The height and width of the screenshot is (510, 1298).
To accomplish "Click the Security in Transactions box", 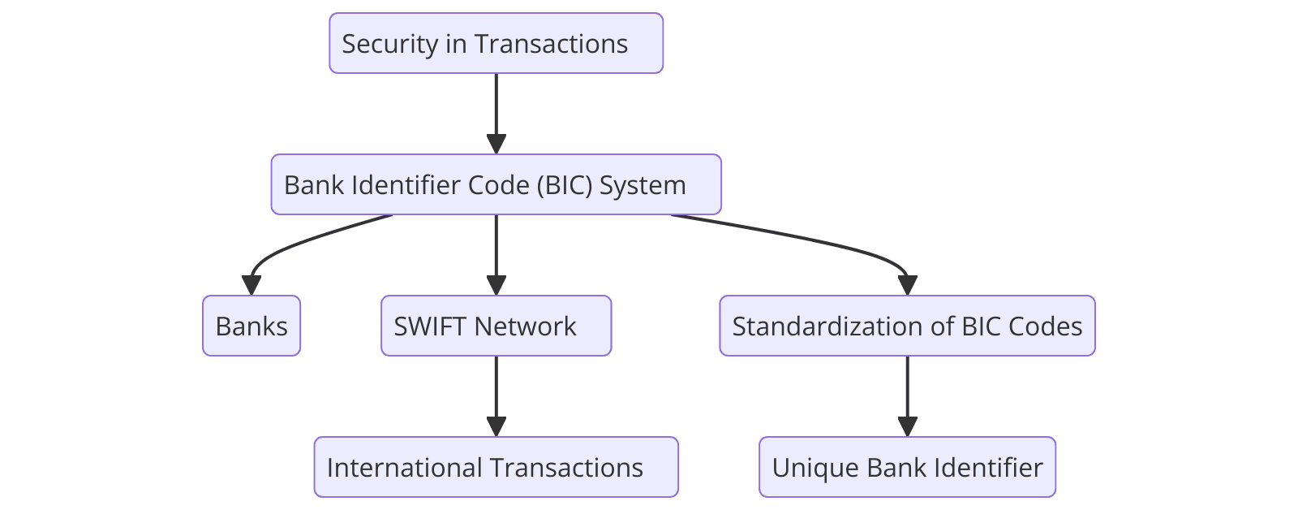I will pyautogui.click(x=496, y=43).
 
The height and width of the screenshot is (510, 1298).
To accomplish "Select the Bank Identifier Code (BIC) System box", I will pyautogui.click(x=496, y=184).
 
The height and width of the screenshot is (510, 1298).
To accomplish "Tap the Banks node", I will pyautogui.click(x=251, y=326).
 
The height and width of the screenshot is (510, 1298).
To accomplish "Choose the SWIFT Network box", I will pyautogui.click(x=496, y=326).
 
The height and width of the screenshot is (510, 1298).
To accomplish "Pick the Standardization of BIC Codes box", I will pyautogui.click(x=907, y=326).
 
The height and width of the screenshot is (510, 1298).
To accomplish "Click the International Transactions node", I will pyautogui.click(x=496, y=467).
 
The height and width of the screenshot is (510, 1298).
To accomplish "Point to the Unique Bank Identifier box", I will pyautogui.click(x=907, y=467).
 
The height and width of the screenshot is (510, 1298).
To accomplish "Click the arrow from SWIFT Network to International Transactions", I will pyautogui.click(x=496, y=390).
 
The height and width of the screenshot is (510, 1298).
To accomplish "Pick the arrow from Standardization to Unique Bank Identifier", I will pyautogui.click(x=907, y=390).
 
